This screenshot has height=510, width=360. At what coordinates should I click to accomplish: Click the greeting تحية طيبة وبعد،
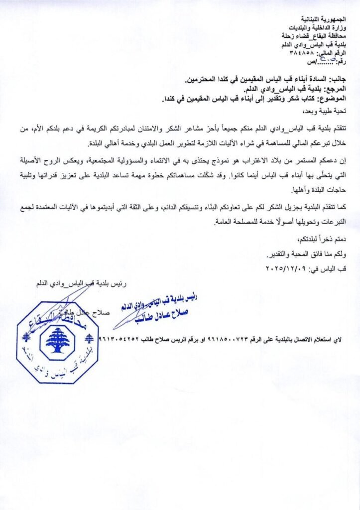(x=332, y=110)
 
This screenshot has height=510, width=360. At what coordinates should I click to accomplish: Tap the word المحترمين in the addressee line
(x=206, y=79)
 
